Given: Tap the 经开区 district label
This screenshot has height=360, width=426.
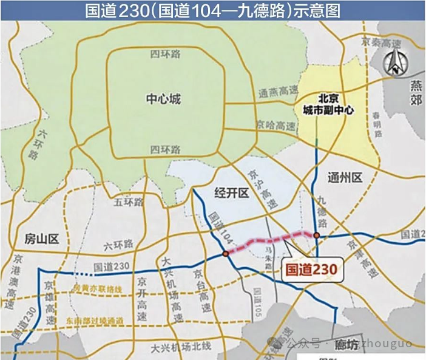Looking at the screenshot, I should click(x=233, y=193).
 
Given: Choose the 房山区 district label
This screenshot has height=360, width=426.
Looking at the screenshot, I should click(x=42, y=239).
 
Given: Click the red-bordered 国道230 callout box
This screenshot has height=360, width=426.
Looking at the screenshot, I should click(x=311, y=266).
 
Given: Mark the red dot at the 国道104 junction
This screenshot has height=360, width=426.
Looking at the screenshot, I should click(x=226, y=253).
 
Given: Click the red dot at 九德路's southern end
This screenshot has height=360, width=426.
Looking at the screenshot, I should click(x=316, y=236).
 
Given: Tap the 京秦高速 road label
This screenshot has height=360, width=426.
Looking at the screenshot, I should click(x=381, y=43).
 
